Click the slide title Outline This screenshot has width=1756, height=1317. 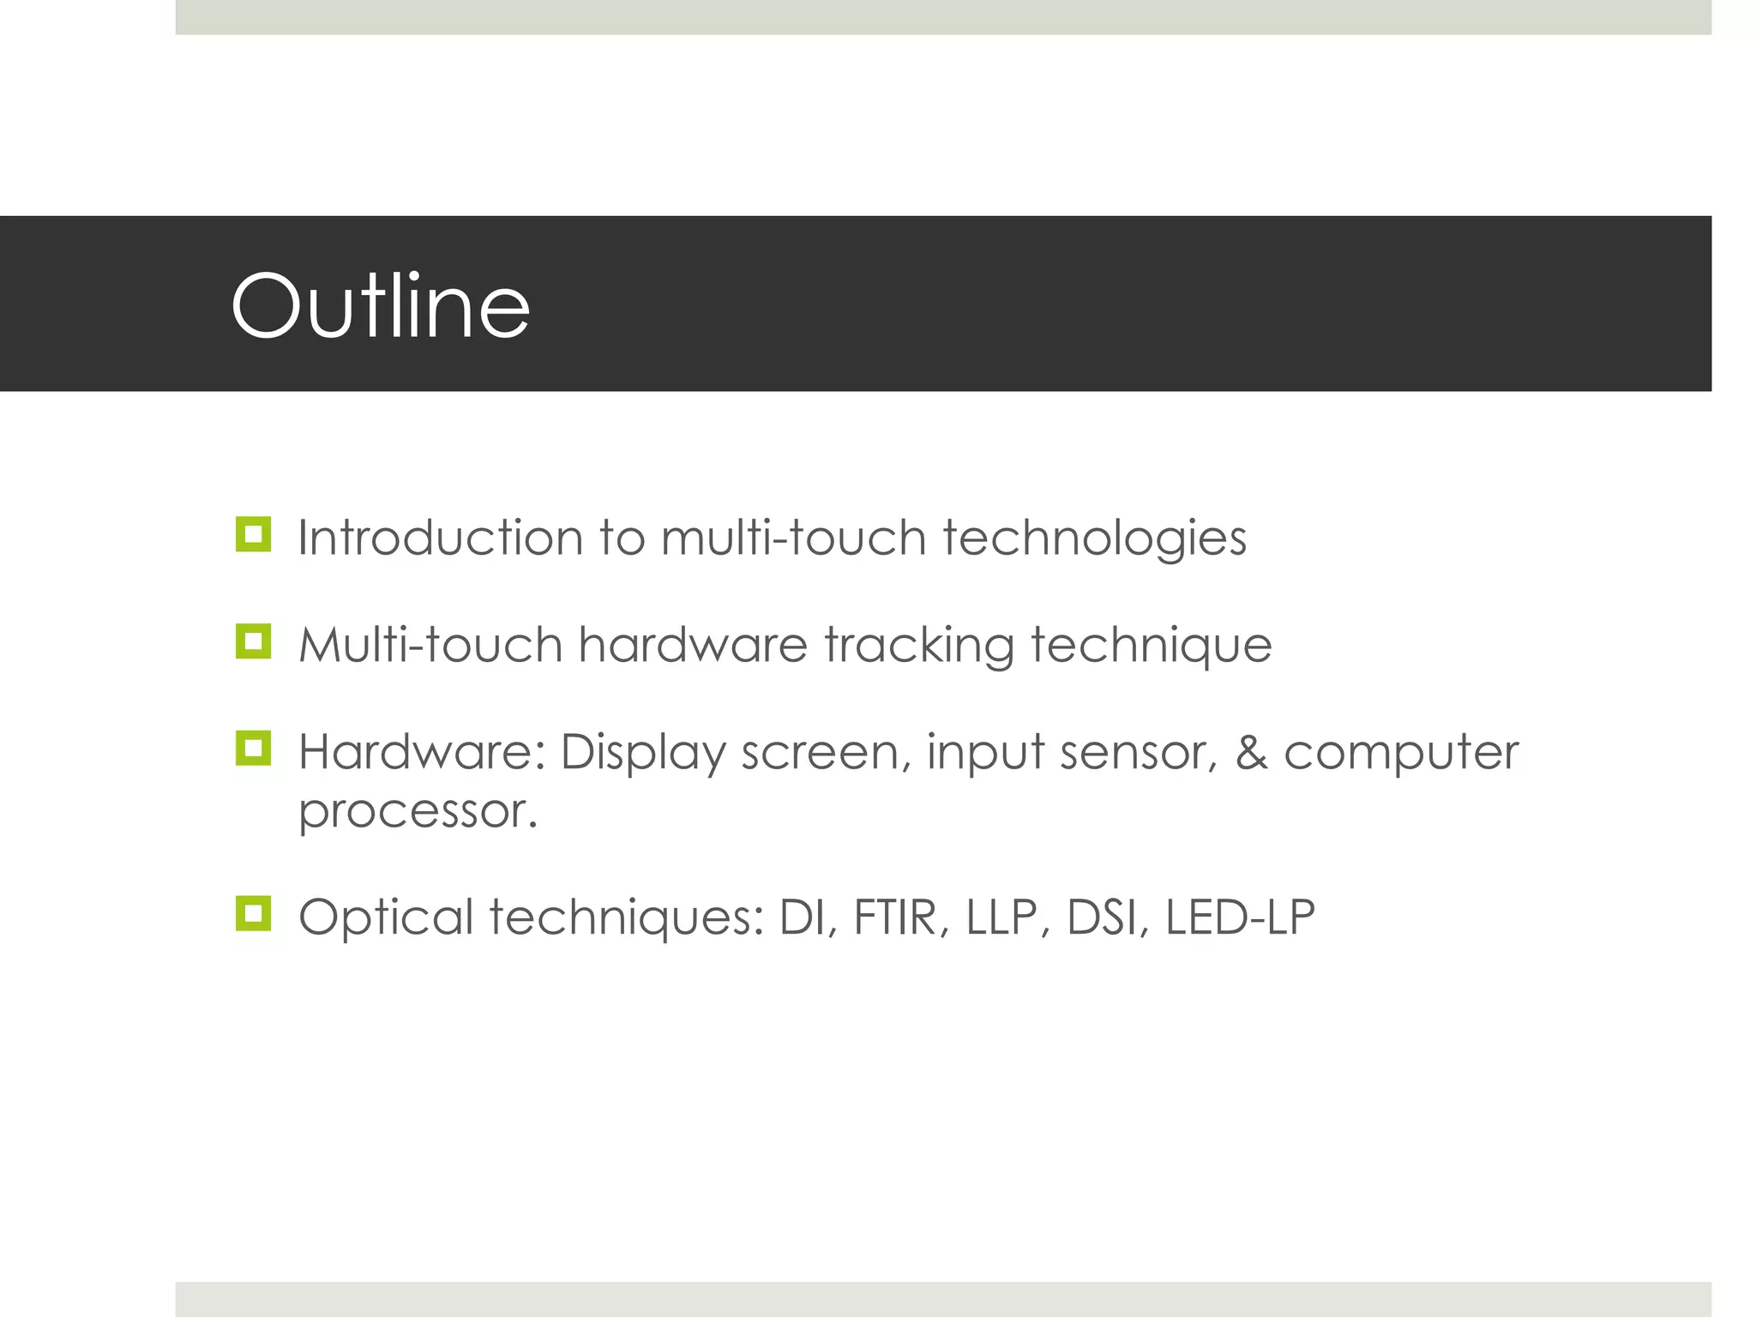pos(381,306)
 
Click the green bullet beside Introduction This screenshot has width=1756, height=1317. pos(253,535)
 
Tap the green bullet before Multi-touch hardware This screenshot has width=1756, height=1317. pos(253,641)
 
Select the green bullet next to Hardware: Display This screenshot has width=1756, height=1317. pos(253,749)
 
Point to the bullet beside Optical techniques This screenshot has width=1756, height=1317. pos(253,914)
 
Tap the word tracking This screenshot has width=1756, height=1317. pos(918,645)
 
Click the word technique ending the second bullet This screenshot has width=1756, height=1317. pos(1151,646)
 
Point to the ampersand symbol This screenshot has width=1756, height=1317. pos(1251,753)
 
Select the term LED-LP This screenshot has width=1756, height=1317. pos(1240,917)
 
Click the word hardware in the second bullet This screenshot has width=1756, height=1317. pos(693,645)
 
